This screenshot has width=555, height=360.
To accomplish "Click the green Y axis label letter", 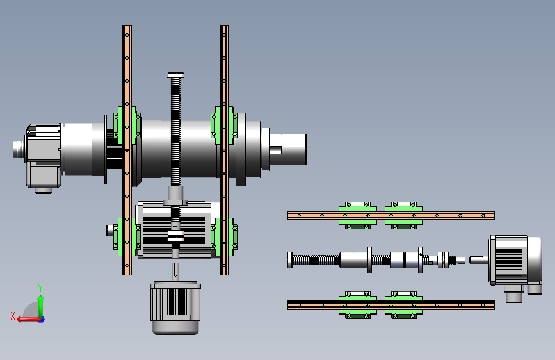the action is coord(40,288).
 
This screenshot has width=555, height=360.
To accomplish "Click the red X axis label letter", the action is coord(13,316).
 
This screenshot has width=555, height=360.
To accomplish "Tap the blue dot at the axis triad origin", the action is coord(42,320).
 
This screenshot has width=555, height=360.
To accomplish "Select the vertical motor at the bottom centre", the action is coord(175,307).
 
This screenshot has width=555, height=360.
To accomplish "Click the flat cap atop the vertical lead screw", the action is coord(175,75).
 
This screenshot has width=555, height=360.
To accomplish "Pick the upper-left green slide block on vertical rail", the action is coord(127,126).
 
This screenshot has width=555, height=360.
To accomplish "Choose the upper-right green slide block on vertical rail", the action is coord(224,126).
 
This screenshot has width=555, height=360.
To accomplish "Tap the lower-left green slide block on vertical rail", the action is coord(127,237).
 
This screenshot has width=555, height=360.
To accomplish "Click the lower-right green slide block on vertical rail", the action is coord(224,237).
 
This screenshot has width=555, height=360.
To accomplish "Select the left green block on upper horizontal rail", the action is coord(357,215).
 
